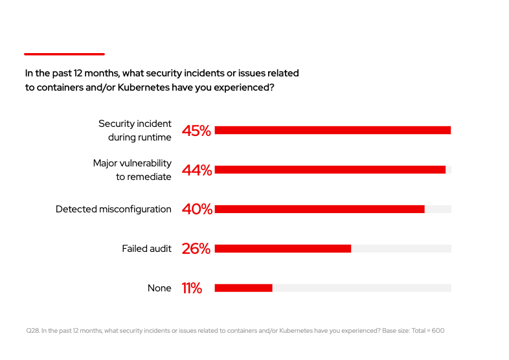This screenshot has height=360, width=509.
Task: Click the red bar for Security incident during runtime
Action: pos(332,130)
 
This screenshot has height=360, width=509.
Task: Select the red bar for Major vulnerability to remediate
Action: pos(330,170)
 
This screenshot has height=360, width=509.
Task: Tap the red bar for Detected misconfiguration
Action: pos(319,209)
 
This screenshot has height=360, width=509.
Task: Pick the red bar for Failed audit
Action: pos(282,249)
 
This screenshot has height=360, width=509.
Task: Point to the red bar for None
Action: pos(243,288)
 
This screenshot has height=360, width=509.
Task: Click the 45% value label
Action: pos(196,131)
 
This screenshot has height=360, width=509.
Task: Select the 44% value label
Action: pos(196,170)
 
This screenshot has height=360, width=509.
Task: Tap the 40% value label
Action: pos(196,209)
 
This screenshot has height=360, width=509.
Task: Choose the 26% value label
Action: pos(196,249)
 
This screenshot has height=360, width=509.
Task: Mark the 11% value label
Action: pos(192,288)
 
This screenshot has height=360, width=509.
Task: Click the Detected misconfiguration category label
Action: pos(113,209)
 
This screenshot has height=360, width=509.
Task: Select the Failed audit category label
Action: pos(146,249)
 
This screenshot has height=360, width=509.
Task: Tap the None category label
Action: pos(159,288)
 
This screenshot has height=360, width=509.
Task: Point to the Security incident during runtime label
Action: pos(135,130)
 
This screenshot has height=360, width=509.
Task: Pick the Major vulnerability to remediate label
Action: pos(132,170)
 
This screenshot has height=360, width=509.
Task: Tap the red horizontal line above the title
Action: pos(64,54)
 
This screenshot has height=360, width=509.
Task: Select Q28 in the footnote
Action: pos(32,331)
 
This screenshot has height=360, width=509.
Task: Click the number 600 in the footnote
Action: pos(438,331)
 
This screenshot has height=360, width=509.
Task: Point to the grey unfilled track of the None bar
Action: pos(361,288)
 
